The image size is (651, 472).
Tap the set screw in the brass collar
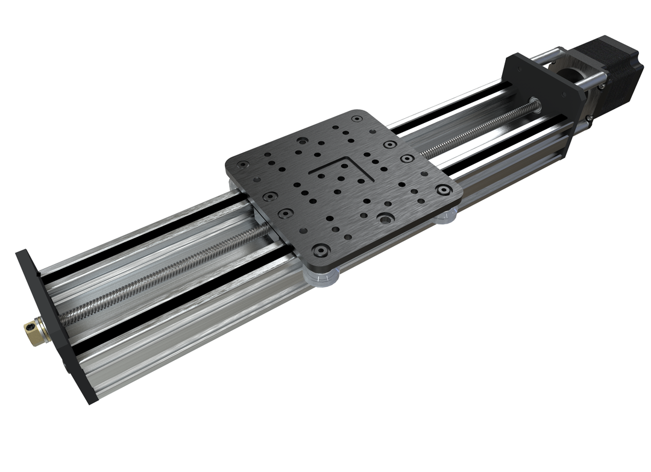(28, 327)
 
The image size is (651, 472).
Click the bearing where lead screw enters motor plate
(534, 102)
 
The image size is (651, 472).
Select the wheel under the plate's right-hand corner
(446, 216)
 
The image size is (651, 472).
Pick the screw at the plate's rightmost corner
(444, 189)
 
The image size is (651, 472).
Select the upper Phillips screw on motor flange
(601, 86)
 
